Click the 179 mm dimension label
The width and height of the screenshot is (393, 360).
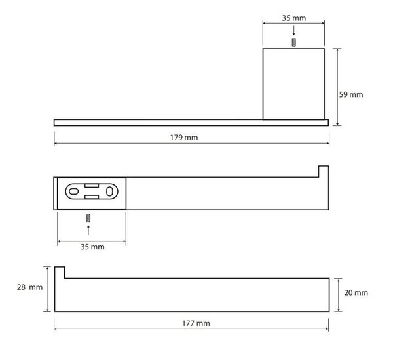(x=184, y=138)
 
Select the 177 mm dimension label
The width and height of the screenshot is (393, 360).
(x=196, y=323)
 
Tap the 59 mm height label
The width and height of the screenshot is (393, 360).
(x=351, y=94)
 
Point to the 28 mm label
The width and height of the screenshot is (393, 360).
(x=29, y=287)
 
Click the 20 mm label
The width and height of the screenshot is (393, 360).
(x=356, y=292)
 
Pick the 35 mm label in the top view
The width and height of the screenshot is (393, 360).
(x=293, y=18)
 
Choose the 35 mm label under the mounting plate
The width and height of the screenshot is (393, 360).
(x=92, y=247)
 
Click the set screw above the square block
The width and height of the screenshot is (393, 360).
(x=293, y=43)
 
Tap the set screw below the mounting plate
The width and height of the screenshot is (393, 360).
(x=88, y=218)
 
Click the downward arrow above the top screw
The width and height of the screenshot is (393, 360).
(x=293, y=31)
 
